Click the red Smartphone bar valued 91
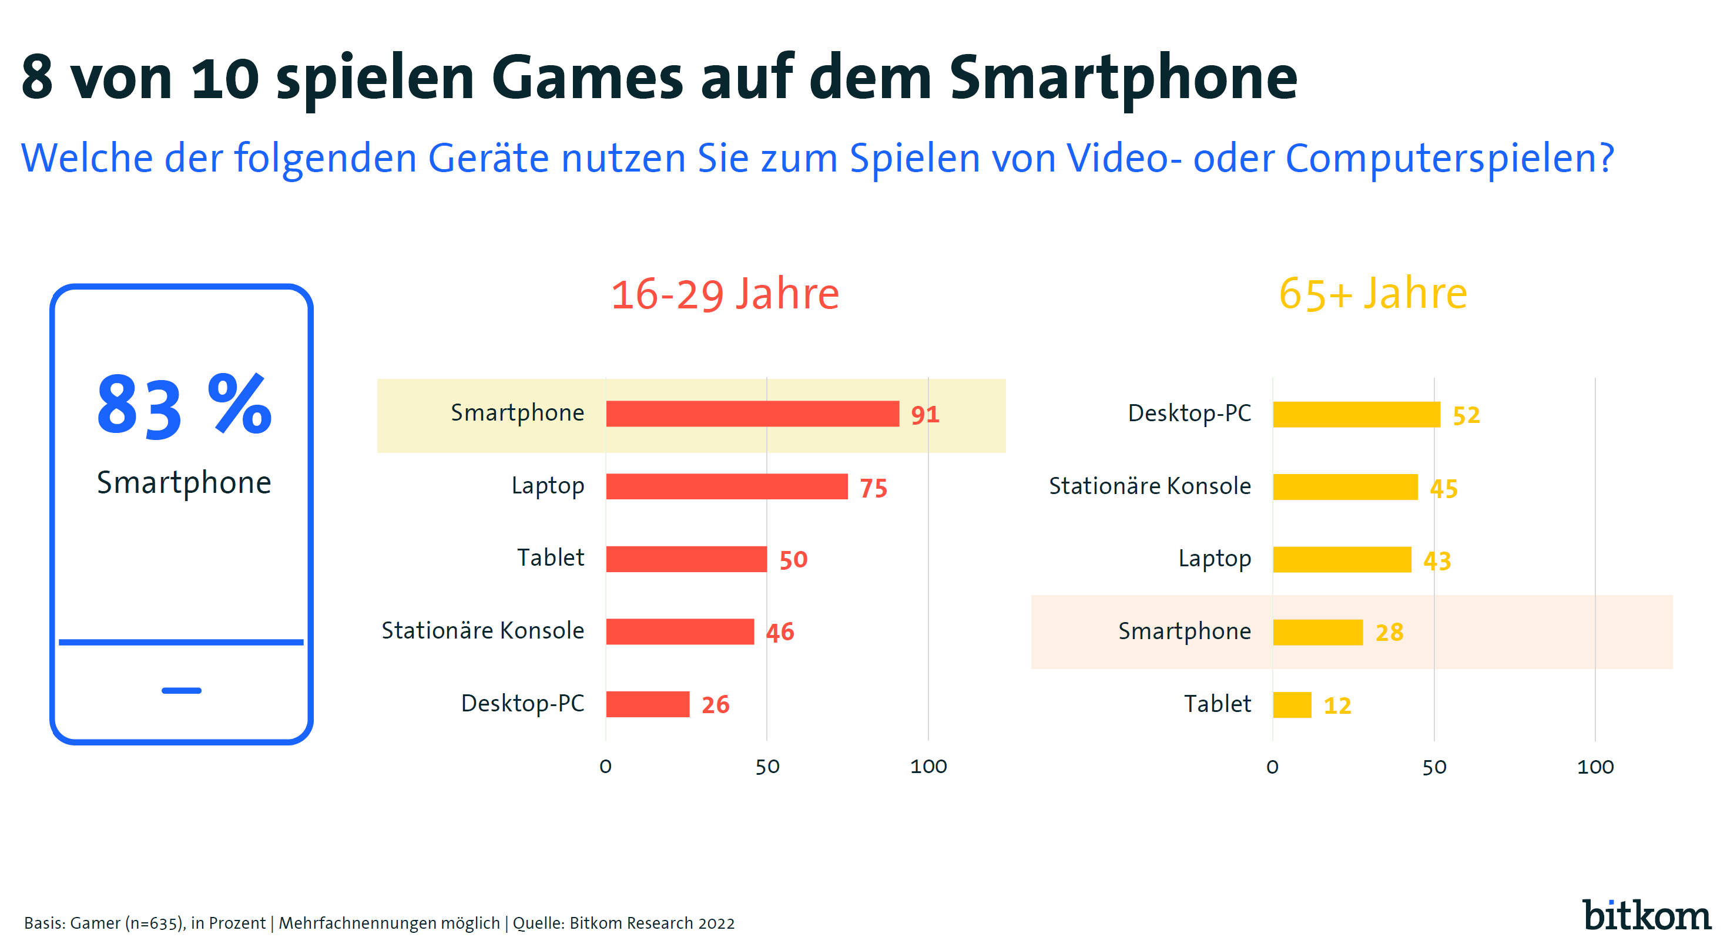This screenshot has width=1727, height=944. pyautogui.click(x=752, y=414)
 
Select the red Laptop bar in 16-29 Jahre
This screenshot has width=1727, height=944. pyautogui.click(x=727, y=486)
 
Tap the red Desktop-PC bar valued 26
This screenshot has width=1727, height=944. pyautogui.click(x=648, y=704)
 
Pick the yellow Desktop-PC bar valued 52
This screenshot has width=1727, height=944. pyautogui.click(x=1356, y=414)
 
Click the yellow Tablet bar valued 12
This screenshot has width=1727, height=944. pyautogui.click(x=1292, y=705)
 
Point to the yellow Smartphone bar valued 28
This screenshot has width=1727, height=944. pyautogui.click(x=1318, y=632)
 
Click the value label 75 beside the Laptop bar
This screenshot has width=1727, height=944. pyautogui.click(x=874, y=488)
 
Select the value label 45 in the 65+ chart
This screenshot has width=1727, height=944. pyautogui.click(x=1443, y=488)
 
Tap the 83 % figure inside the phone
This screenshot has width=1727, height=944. pyautogui.click(x=184, y=406)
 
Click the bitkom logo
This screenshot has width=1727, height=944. pyautogui.click(x=1646, y=915)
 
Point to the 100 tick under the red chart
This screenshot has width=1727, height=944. pyautogui.click(x=928, y=767)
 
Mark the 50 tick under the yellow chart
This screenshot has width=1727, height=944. pyautogui.click(x=1434, y=767)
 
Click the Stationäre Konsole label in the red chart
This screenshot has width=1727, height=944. pyautogui.click(x=482, y=630)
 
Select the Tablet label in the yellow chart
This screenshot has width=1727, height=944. pyautogui.click(x=1217, y=704)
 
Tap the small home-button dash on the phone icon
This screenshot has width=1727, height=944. pyautogui.click(x=181, y=690)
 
